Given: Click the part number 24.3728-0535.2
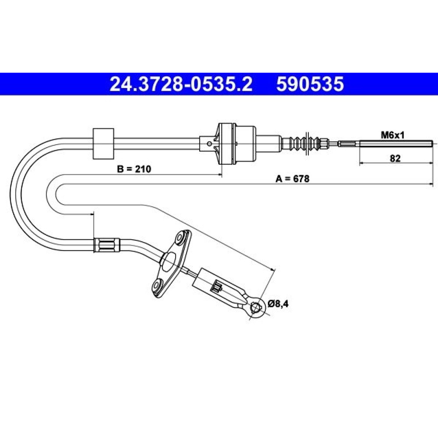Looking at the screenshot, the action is (x=181, y=84).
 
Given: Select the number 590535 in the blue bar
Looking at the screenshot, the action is (x=310, y=84).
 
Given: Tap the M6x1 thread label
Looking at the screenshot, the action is (x=392, y=135).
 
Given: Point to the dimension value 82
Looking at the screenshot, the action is (x=395, y=159).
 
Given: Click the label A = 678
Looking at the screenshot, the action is (x=293, y=179).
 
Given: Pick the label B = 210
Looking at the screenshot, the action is (x=134, y=169).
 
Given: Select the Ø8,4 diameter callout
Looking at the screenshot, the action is (x=278, y=304).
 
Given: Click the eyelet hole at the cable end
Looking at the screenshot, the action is (x=255, y=307).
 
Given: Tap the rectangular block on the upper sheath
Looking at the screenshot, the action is (x=103, y=144).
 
